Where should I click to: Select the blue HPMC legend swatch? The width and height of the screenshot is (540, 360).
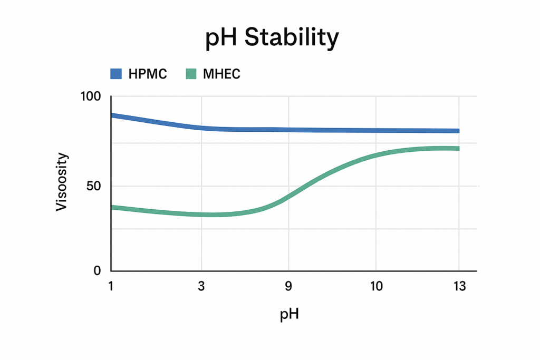pos(116,74)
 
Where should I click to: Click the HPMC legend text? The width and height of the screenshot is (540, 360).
pos(148,74)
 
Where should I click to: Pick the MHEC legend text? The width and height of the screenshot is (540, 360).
pos(221,74)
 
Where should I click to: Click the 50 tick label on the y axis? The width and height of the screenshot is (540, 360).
pos(93,186)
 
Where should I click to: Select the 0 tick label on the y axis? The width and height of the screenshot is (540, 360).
pos(97,270)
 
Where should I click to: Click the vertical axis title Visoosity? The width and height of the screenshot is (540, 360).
pos(62,182)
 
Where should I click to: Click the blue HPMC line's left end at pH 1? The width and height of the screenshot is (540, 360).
pos(112,115)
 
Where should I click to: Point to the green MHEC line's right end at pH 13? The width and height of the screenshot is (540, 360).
pos(457,149)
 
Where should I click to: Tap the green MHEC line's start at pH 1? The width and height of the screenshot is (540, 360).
pos(112,208)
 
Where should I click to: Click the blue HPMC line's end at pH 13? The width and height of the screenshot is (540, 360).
pos(457,131)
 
